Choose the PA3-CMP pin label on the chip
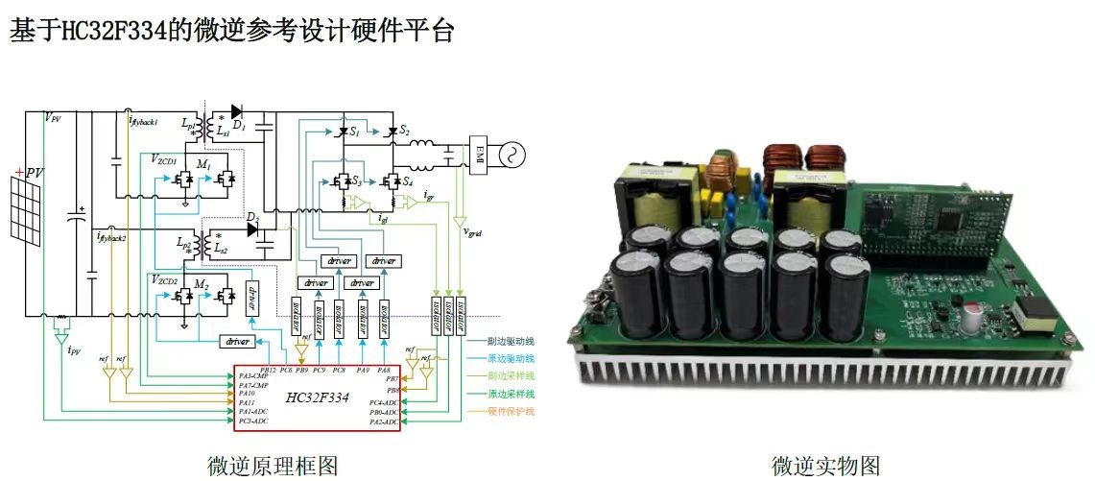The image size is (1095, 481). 254,375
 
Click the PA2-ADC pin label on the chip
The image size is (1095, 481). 384,421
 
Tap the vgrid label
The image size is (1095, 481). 473,231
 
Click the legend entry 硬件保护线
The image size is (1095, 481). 511,411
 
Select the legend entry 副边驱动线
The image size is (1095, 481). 511,339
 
